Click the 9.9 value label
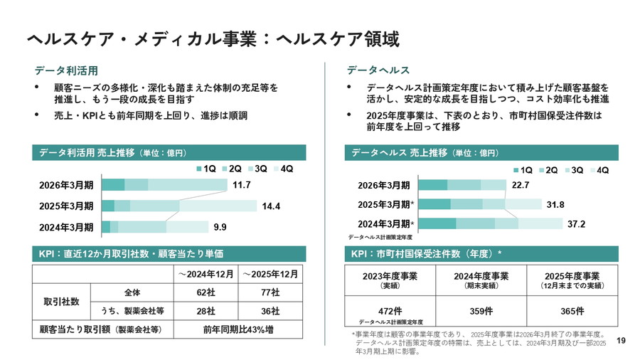coord(220,228)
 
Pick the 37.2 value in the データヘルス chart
coord(577,223)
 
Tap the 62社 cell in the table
coord(206,292)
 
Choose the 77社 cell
coord(270,292)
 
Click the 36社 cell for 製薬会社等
coord(270,311)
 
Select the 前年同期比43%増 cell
coord(238,330)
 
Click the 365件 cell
coord(572,310)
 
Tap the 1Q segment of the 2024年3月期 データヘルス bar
coord(437,223)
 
